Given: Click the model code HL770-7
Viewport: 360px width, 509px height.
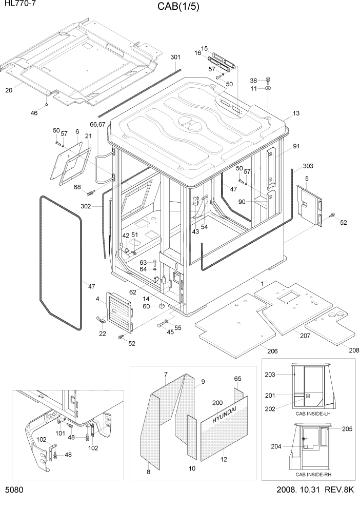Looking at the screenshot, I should click(x=16, y=5).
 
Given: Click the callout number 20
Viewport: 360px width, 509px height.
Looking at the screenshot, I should click(x=9, y=91).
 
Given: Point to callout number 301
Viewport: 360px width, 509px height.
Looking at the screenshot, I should click(x=175, y=57).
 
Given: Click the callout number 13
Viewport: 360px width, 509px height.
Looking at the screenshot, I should click(x=295, y=113).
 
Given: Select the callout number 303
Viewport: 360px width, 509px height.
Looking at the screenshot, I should click(x=308, y=166).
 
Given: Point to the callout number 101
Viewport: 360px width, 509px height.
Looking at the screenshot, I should click(x=60, y=433).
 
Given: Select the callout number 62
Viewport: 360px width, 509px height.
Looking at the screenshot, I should click(x=133, y=292).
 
